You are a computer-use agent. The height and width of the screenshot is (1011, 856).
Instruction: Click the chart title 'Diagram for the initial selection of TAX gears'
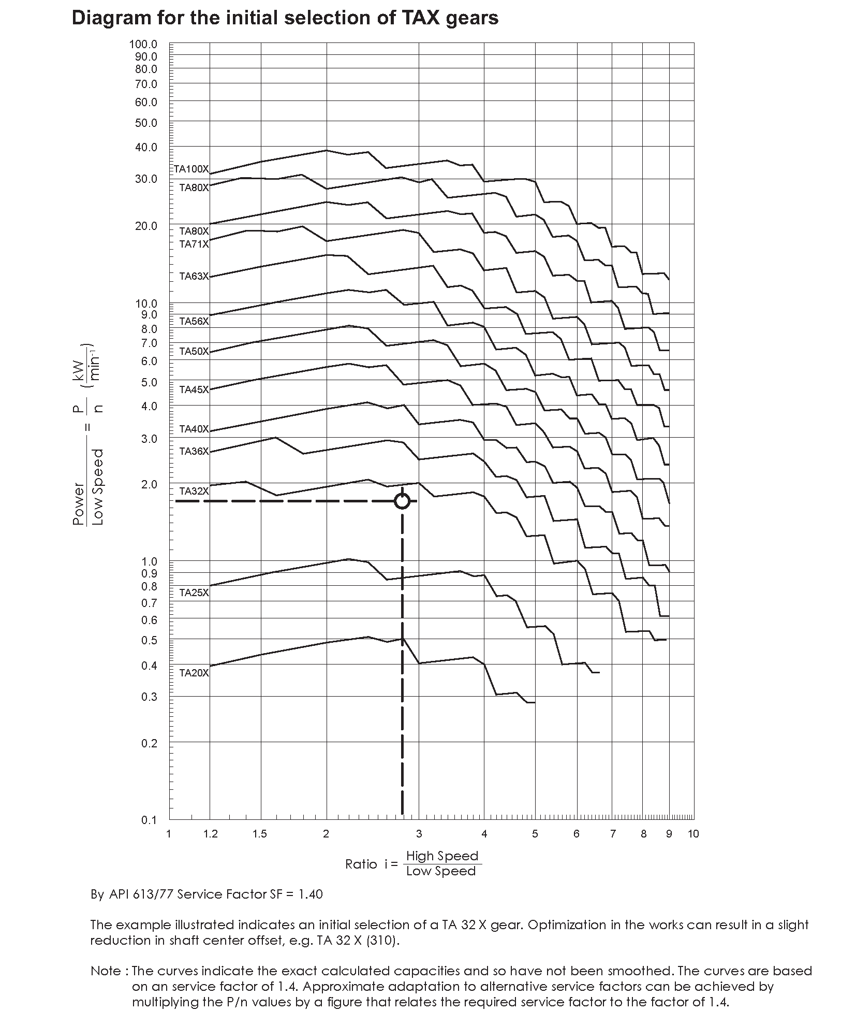285,18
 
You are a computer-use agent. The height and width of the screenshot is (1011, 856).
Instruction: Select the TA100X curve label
191,169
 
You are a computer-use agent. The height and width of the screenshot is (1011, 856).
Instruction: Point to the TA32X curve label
194,491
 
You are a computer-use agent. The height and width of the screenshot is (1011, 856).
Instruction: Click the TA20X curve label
194,673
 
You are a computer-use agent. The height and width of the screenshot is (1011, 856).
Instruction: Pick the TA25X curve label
194,593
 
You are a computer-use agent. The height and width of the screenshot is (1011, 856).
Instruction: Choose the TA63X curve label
194,276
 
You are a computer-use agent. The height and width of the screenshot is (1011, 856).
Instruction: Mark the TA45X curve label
194,389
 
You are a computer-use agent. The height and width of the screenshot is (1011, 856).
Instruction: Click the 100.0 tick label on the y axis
143,45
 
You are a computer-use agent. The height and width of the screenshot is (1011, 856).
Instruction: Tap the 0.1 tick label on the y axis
149,820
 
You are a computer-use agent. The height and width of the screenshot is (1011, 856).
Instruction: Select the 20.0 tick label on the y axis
146,226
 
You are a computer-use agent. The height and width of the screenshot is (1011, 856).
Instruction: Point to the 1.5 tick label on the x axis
260,833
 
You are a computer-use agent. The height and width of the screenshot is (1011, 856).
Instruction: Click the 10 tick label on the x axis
693,833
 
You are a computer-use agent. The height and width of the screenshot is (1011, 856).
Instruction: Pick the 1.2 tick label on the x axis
210,833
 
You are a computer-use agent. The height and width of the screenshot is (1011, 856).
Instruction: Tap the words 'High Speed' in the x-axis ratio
442,856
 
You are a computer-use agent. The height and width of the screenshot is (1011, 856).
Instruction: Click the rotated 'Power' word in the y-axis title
79,504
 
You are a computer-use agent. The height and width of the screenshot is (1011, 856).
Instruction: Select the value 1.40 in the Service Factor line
311,894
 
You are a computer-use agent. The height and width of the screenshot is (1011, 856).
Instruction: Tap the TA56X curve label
194,321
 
